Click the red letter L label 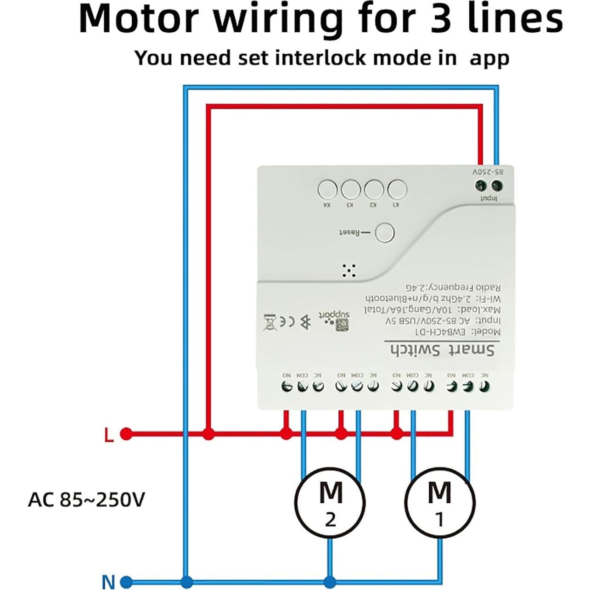click(109, 435)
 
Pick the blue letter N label click(108, 582)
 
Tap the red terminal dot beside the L click(126, 433)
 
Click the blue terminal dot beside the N click(126, 581)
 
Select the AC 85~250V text click(86, 500)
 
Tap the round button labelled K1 click(397, 189)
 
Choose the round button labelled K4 click(327, 189)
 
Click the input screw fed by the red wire click(480, 185)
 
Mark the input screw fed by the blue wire click(496, 185)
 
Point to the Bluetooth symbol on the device click(305, 322)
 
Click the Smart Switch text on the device click(443, 350)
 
